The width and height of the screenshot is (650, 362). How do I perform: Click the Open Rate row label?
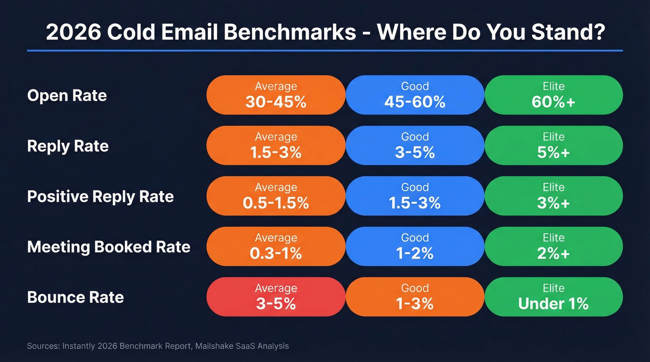click(67, 95)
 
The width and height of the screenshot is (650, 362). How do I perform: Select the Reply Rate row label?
click(68, 146)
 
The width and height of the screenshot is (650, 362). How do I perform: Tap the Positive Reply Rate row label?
click(100, 197)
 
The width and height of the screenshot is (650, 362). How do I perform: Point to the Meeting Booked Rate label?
click(109, 247)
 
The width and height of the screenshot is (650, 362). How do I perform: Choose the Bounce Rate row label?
click(75, 297)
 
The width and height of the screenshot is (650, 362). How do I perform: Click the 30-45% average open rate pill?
click(276, 95)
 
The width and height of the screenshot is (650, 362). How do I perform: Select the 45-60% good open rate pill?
click(415, 95)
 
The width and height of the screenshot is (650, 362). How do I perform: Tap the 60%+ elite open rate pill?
click(553, 95)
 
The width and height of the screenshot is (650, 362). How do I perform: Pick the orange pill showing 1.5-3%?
click(276, 146)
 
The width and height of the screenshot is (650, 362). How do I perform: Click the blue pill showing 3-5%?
click(415, 146)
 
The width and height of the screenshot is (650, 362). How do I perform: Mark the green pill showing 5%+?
click(553, 146)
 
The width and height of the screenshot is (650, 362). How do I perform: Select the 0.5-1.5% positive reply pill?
click(276, 196)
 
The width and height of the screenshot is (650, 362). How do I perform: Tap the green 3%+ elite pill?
click(553, 196)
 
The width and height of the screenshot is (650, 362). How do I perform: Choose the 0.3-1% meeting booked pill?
click(276, 246)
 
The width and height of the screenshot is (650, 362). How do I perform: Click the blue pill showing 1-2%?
click(415, 246)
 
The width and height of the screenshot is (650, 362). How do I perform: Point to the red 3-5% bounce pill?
click(276, 297)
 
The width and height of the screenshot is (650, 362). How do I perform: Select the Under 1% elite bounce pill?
click(553, 297)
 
